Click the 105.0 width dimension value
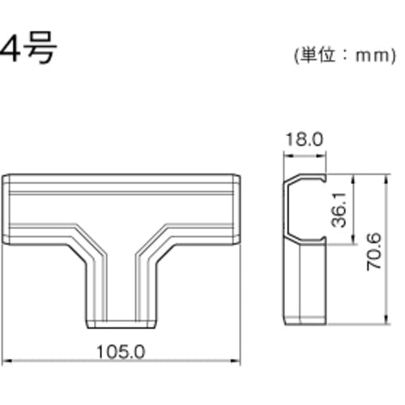click(x=121, y=352)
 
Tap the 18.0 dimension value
click(x=304, y=139)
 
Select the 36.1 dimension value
click(x=339, y=210)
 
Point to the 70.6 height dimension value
click(x=374, y=252)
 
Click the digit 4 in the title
click(x=10, y=49)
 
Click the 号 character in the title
click(x=40, y=48)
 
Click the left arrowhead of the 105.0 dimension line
click(x=6, y=360)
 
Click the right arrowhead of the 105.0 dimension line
click(x=236, y=360)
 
